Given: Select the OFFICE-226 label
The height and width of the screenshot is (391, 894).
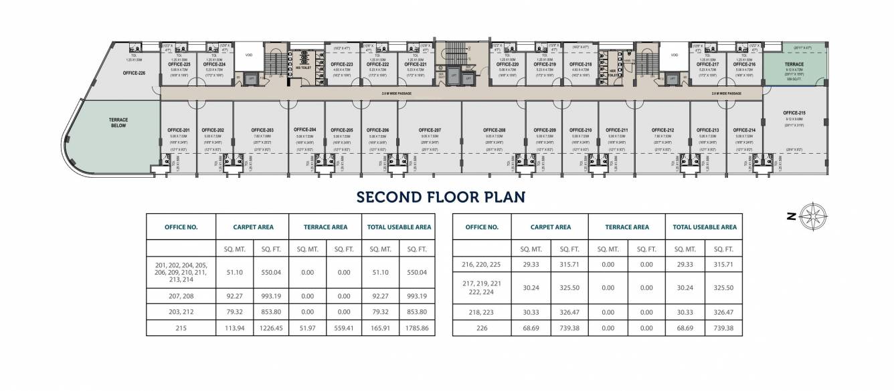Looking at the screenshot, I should coord(134,73).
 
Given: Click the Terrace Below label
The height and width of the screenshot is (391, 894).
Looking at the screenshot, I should coord(118,122).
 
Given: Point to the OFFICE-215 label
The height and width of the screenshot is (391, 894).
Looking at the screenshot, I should coord(794,113).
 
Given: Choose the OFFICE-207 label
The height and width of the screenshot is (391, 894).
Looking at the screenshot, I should coord(430,130).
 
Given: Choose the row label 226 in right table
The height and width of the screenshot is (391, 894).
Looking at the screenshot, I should coord(482,328).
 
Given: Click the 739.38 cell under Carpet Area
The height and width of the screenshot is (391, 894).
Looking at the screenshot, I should coord(569,328).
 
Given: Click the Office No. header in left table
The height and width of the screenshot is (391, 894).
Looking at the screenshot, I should coord(181,227).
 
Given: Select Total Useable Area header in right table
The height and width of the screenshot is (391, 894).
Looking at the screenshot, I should coord(705,227).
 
